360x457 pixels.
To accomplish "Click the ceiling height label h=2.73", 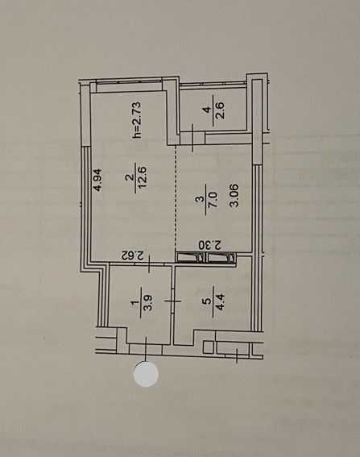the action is point(137,119).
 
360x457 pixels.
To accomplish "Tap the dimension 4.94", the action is point(98,180).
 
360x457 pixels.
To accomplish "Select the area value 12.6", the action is point(143,178).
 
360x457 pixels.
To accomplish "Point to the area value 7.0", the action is point(213,199).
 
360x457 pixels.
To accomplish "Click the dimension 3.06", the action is point(234,195).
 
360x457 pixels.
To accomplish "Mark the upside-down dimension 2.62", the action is point(133,256).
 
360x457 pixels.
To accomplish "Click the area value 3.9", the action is point(148,303).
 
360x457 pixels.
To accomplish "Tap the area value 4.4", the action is point(220,302).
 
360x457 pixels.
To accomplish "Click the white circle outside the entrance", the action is point(146,374).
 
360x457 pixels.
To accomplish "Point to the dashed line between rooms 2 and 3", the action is point(176,199).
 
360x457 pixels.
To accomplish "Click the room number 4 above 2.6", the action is point(207,110).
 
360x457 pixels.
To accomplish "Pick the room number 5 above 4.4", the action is point(208,301).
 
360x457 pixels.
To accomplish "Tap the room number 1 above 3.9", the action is point(134,303).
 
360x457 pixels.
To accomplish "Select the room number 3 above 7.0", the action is point(200,199).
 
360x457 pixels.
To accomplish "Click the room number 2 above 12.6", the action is point(130,177).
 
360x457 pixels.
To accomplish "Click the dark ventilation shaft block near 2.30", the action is point(206,258).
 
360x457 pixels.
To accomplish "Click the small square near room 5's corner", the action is point(209,347).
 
